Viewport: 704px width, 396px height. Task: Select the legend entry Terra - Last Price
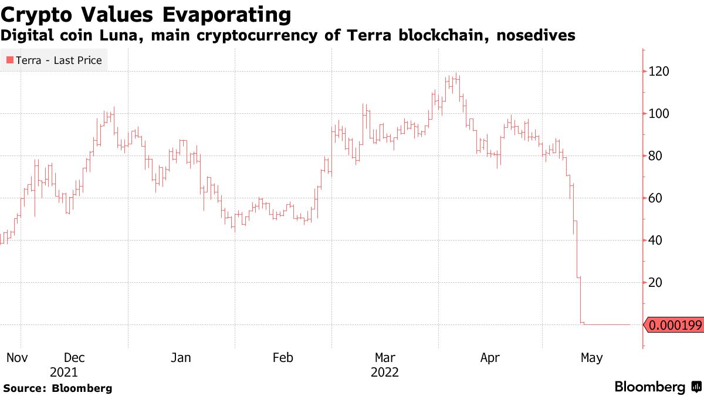point(59,60)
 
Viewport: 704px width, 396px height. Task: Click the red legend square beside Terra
point(10,60)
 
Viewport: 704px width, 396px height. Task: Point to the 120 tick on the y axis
point(657,72)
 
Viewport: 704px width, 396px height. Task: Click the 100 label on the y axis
point(657,114)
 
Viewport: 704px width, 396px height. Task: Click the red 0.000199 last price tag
point(675,325)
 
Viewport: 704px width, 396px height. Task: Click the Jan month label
point(180,357)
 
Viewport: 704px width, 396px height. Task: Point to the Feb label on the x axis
point(283,357)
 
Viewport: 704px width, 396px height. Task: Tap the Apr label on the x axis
point(490,357)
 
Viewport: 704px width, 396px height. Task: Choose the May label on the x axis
point(591,357)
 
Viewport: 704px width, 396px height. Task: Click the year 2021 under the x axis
point(63,373)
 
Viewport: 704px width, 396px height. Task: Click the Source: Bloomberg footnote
point(57,388)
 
